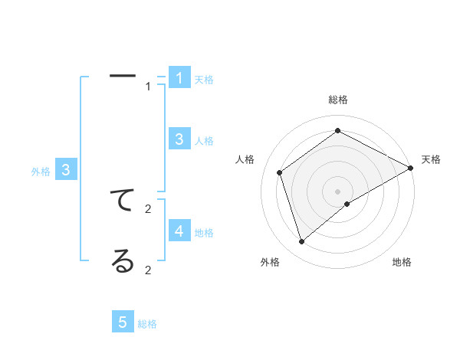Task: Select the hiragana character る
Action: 123,262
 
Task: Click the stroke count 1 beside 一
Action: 149,87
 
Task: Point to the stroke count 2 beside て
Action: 149,208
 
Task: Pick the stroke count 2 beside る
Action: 149,270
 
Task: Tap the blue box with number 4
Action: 179,231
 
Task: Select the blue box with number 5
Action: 123,322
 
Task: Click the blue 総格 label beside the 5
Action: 147,324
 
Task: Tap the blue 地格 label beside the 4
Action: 204,233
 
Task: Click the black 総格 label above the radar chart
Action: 338,100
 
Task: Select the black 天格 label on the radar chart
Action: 431,159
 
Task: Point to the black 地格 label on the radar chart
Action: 402,262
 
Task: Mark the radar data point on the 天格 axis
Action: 412,169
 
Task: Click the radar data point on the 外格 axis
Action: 302,242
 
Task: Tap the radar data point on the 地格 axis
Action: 347,204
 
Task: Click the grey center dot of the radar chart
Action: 338,191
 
